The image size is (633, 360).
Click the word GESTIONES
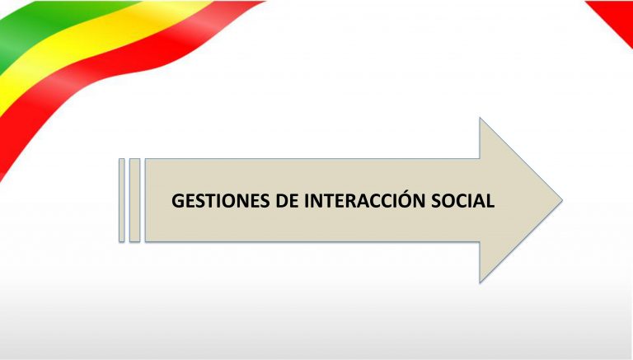[x=221, y=200]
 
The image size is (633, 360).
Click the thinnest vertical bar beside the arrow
[x=121, y=200]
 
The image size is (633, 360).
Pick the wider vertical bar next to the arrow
[x=135, y=200]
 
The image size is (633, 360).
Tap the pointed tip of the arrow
[x=561, y=200]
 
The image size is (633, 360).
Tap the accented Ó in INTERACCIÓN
[x=405, y=199]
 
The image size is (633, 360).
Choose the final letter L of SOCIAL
[x=490, y=200]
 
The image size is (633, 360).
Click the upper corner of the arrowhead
[x=480, y=119]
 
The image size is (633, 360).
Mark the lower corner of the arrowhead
[x=480, y=282]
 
